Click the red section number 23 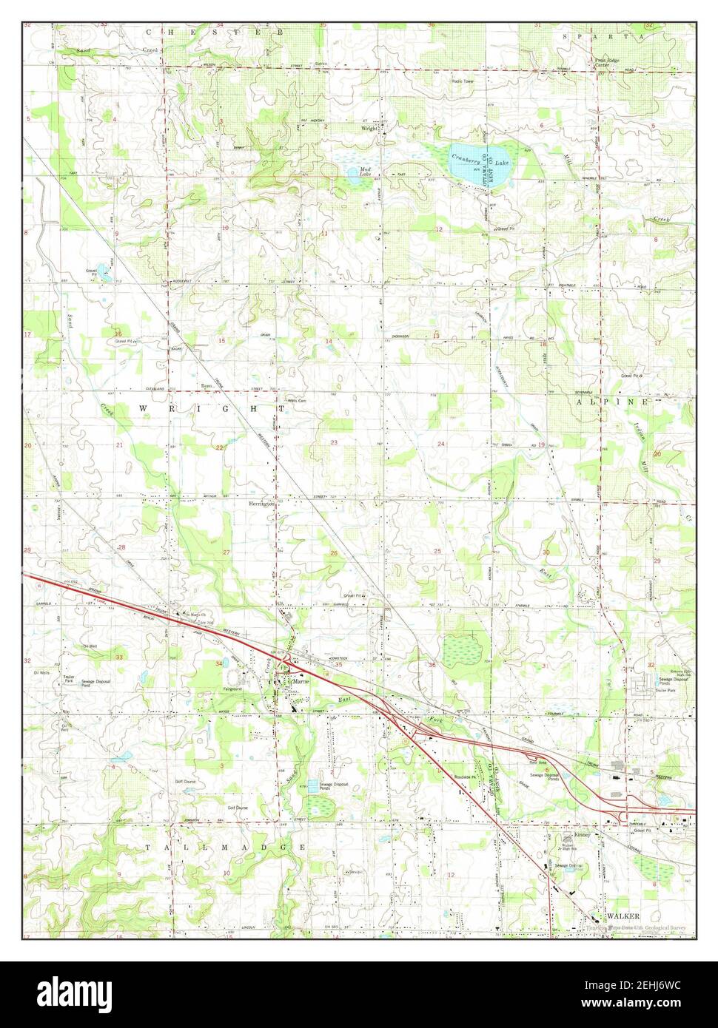pos(334,443)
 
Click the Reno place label pos(207,386)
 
